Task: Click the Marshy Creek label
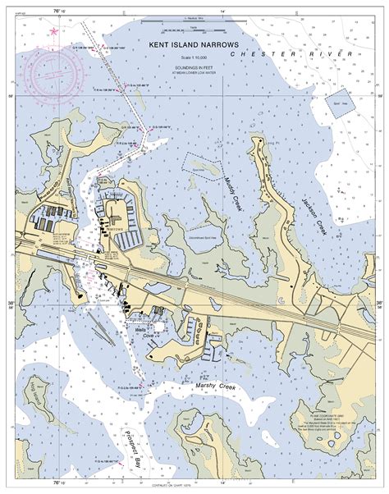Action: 216,384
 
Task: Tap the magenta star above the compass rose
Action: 54,31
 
